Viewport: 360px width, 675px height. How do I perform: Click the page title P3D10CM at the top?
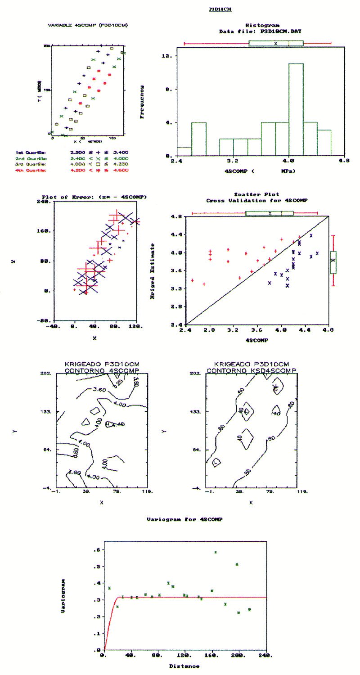[220, 9]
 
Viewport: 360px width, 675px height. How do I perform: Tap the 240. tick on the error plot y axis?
[43, 202]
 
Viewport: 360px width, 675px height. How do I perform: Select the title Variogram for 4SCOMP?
[184, 519]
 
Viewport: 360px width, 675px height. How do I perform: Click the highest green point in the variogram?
[216, 552]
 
